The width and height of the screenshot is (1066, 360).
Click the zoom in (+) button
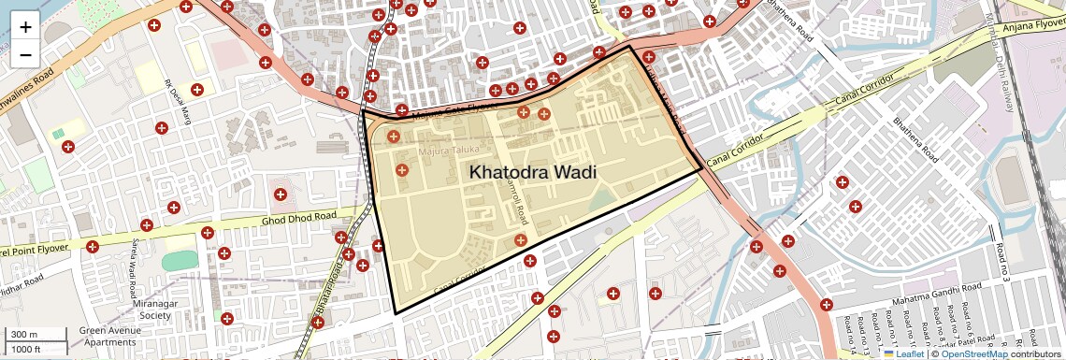tap(25, 27)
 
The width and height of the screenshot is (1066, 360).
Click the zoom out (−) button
tap(25, 55)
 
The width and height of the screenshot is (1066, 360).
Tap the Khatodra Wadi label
tap(532, 173)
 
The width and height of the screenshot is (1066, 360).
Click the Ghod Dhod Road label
tap(298, 218)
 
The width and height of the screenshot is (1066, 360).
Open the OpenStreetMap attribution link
tap(973, 353)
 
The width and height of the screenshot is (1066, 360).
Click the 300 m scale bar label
tap(24, 335)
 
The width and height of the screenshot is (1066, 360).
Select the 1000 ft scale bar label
tap(26, 349)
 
